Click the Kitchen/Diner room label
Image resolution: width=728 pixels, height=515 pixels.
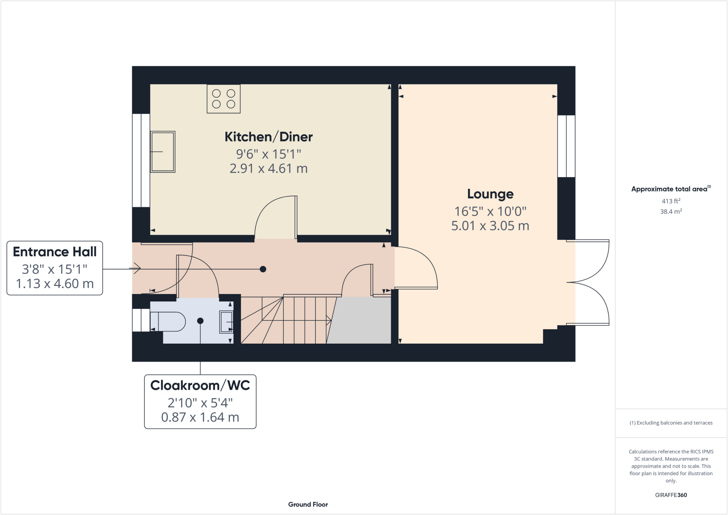tap(268, 137)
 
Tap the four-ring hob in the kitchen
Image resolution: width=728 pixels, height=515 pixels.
tap(224, 99)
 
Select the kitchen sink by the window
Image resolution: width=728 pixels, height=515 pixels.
tap(163, 152)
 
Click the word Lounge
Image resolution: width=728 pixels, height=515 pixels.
tap(490, 194)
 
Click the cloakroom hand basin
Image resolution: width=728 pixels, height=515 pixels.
tap(226, 322)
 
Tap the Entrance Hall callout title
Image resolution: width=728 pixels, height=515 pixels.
tap(55, 252)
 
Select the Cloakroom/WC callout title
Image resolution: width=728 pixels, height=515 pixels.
tap(200, 386)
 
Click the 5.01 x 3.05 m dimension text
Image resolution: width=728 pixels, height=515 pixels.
tap(490, 226)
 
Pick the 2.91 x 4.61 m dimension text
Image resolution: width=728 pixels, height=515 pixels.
tap(268, 168)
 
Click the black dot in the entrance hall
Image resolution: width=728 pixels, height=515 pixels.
tap(263, 269)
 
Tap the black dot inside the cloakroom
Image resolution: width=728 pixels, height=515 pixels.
tap(200, 321)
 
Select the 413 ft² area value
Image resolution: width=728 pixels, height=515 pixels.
tap(671, 201)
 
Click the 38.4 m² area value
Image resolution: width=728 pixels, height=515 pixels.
tap(671, 211)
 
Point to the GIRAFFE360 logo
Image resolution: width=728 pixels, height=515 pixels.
tap(671, 495)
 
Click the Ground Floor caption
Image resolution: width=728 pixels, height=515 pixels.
tap(308, 504)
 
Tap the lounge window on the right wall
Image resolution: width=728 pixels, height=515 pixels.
tap(566, 146)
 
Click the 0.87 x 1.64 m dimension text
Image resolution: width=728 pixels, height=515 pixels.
tap(200, 417)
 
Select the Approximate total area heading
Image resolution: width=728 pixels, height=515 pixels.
tap(670, 189)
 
